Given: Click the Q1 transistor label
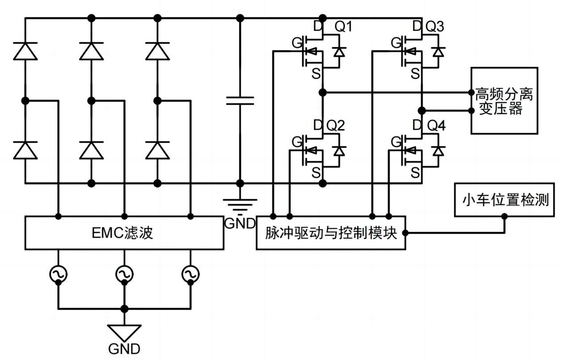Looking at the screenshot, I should (x=343, y=27).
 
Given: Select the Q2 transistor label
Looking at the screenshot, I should (x=335, y=126).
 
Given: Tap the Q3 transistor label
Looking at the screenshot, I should (x=434, y=27).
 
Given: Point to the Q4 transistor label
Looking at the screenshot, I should (x=436, y=126).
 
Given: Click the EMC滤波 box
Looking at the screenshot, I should (x=124, y=233).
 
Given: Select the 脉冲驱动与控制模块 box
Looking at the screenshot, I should (x=330, y=233).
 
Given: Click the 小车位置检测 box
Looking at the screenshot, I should (x=504, y=200).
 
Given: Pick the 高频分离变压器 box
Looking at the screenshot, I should (x=504, y=100).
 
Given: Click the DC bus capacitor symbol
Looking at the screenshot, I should (x=240, y=100).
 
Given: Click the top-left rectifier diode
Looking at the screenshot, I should (x=25, y=51).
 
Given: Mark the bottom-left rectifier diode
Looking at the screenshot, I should (x=25, y=150).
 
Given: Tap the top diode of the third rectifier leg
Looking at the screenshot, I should (x=157, y=51).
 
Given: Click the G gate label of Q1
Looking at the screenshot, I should (x=296, y=43).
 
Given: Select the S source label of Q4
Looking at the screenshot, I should (x=415, y=172).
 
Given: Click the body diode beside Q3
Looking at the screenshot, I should (x=439, y=51).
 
